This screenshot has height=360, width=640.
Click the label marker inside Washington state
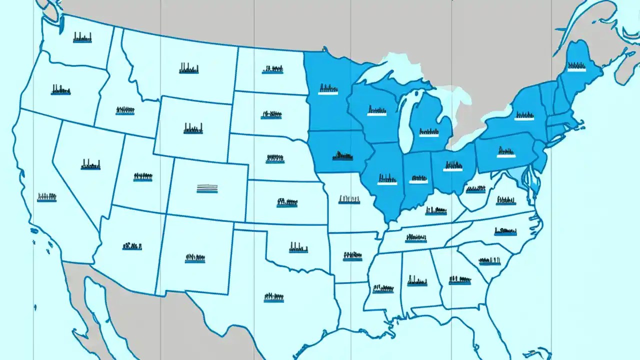[x=82, y=37]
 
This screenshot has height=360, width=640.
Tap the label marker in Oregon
[x=60, y=90]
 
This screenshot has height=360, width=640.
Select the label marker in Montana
[x=189, y=69]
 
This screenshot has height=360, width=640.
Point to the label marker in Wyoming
[x=193, y=128]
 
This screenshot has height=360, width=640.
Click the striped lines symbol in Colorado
[x=207, y=188]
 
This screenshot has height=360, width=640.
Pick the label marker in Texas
[x=273, y=297]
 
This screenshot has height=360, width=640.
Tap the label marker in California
[x=46, y=197]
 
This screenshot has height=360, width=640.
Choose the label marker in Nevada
[x=90, y=164]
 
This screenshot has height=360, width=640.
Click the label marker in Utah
[x=142, y=177]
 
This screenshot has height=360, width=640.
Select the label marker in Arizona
[x=132, y=246]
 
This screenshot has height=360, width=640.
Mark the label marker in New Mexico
[x=195, y=258]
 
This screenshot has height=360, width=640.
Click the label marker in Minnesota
[x=328, y=90]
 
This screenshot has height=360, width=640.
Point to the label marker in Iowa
[x=342, y=155]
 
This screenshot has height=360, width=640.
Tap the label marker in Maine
[x=576, y=66]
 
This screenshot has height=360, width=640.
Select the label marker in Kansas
[x=287, y=203]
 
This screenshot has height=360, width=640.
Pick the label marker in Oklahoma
[x=298, y=247]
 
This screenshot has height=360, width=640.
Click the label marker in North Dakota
[x=272, y=69]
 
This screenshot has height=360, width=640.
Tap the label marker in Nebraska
[x=275, y=158]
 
